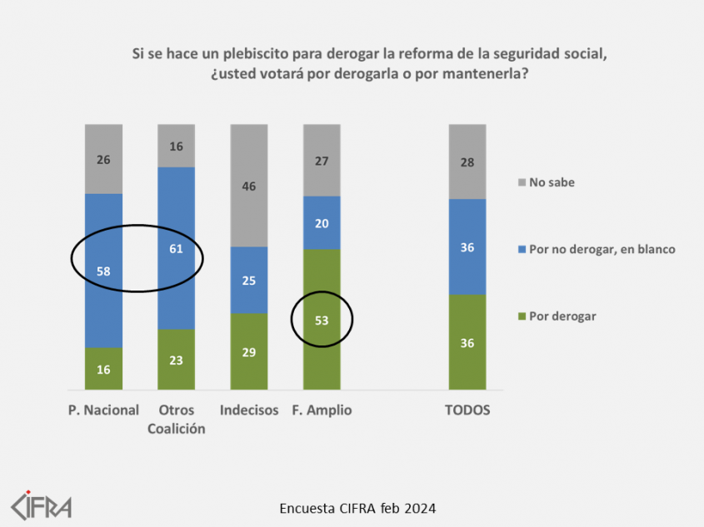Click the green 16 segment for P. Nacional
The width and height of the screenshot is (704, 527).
point(103,369)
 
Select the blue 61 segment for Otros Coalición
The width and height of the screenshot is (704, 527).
point(177,248)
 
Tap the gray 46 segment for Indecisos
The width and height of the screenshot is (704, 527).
point(249,186)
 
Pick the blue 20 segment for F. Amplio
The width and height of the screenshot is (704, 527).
point(322,222)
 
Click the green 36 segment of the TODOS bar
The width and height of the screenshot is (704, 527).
point(467,342)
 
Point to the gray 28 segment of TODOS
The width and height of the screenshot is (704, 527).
point(467,162)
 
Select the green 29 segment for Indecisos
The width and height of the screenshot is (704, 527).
point(249,351)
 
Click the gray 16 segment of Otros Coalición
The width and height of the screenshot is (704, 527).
point(177,146)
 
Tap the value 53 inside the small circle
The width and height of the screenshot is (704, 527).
point(322,318)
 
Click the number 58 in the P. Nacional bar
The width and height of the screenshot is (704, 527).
point(103,271)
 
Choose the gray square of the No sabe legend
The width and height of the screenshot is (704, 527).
point(522,182)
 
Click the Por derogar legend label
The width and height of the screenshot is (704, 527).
point(562,316)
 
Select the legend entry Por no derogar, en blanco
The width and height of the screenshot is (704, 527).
point(602,249)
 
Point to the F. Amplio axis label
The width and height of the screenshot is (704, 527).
point(322,410)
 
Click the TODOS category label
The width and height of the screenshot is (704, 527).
point(467,410)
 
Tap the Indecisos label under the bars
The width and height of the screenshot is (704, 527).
point(249,410)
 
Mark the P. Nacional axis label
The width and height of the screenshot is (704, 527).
point(103,410)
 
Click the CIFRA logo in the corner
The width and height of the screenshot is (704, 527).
point(41,505)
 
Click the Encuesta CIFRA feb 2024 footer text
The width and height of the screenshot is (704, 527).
point(357,507)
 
